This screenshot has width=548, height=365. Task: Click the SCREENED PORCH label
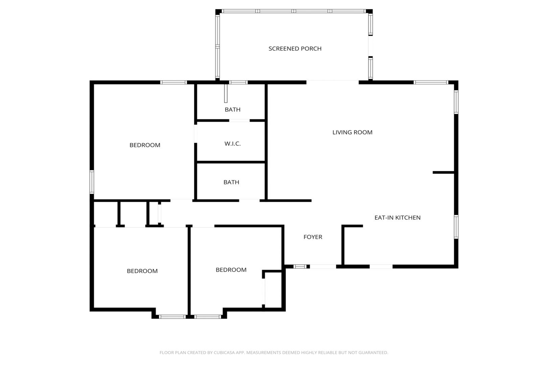tap(295, 49)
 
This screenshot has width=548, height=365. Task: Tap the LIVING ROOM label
tap(352, 132)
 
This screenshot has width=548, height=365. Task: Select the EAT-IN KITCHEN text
tap(397, 218)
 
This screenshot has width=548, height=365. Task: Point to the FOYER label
tap(313, 237)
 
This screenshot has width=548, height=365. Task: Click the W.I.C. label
tap(232, 144)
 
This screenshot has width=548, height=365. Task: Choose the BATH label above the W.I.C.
tap(232, 109)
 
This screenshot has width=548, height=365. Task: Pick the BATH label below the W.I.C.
tap(231, 182)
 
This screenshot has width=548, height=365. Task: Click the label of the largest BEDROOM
tap(145, 145)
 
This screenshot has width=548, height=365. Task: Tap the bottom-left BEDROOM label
tap(142, 271)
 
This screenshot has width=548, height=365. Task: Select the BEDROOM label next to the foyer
tap(231, 270)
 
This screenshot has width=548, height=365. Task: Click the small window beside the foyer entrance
tap(300, 266)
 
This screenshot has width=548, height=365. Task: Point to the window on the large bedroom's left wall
tap(92, 182)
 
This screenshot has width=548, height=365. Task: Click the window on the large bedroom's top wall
tap(173, 82)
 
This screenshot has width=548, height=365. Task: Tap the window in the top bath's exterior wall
tap(238, 82)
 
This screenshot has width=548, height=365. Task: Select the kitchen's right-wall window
tap(456, 226)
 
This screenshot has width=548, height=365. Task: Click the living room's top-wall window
tap(431, 82)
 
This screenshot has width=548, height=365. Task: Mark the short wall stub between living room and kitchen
tap(443, 172)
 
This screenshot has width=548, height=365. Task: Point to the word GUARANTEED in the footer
tap(376, 352)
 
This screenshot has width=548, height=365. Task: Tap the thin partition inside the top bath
tap(226, 94)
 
